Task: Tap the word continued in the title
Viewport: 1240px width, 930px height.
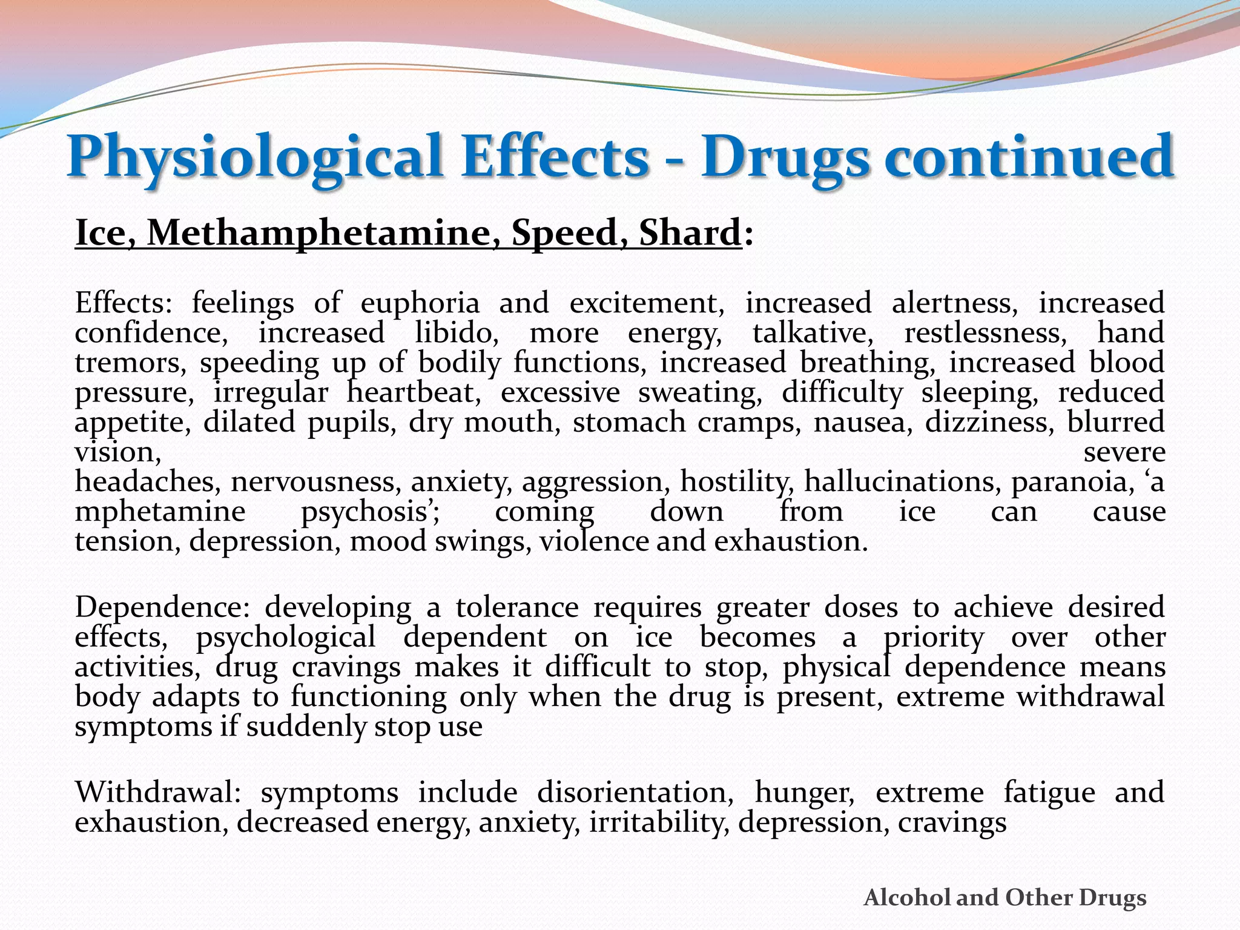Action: [1029, 156]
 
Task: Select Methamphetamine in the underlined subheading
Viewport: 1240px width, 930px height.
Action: [317, 233]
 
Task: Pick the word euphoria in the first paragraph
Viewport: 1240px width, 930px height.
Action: [420, 303]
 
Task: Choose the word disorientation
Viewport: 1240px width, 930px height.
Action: [635, 793]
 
